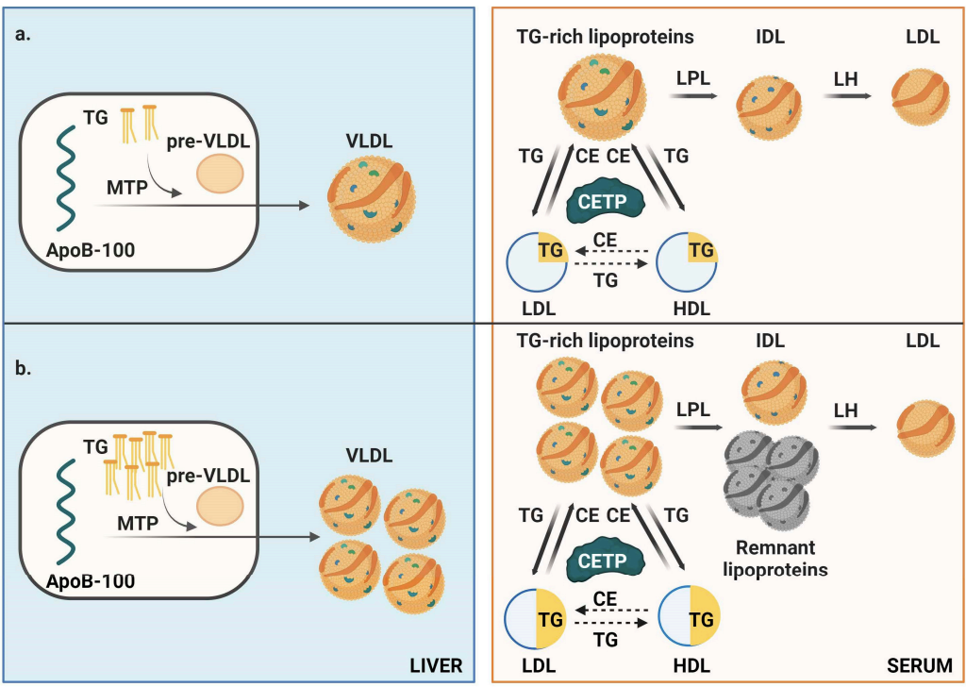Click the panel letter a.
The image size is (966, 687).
coord(23,36)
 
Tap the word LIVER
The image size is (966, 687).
coord(436,666)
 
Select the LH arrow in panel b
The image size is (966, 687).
coord(853,427)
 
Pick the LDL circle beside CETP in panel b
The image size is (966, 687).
coord(535,618)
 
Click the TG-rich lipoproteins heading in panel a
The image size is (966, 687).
coord(605,38)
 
